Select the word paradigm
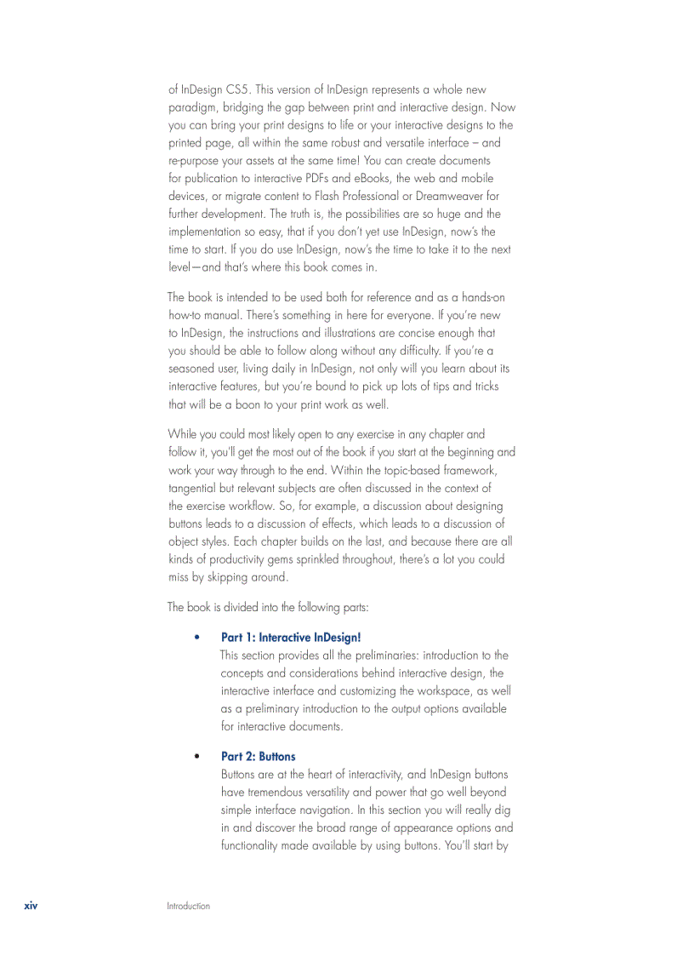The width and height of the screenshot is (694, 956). click(193, 107)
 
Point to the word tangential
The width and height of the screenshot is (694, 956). click(193, 489)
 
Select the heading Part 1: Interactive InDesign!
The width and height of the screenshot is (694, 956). click(291, 638)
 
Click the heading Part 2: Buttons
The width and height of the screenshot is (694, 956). click(259, 757)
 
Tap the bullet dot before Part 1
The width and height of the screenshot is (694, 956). click(196, 638)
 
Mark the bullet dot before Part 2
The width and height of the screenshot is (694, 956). click(196, 757)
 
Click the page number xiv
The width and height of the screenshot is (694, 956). click(31, 906)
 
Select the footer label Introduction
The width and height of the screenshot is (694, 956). click(188, 907)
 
